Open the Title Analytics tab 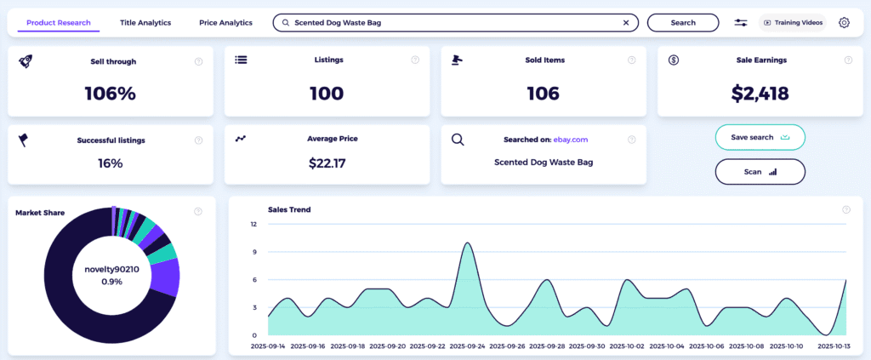click(145, 23)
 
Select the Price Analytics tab click(225, 23)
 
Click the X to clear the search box click(627, 23)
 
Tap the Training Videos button click(794, 23)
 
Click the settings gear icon click(844, 23)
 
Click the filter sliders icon click(741, 23)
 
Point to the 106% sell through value click(110, 94)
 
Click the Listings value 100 click(327, 94)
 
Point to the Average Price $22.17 click(327, 163)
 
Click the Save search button click(760, 137)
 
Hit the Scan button click(760, 171)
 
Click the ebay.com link click(571, 140)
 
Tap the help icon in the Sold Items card click(631, 60)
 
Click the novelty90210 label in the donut click(111, 270)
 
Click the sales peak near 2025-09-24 click(467, 243)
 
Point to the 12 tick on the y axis click(253, 225)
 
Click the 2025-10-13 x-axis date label click(834, 347)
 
